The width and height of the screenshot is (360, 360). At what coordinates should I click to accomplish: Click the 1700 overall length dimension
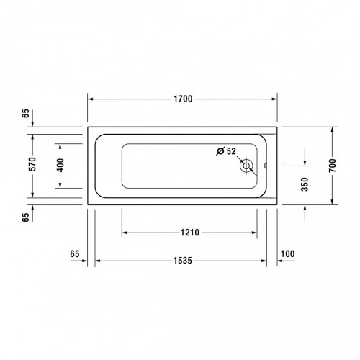click(x=183, y=99)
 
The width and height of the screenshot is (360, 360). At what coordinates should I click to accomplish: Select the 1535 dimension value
click(x=183, y=261)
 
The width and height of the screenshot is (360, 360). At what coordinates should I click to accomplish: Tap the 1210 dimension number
click(x=190, y=233)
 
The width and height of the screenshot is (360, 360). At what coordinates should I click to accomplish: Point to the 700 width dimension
click(x=333, y=166)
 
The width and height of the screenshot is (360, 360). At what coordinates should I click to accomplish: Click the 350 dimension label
click(x=305, y=184)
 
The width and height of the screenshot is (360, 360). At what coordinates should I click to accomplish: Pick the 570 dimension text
click(x=32, y=164)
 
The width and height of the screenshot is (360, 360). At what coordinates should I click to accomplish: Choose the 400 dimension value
click(x=60, y=165)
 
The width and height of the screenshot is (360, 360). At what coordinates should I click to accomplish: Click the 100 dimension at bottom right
click(x=287, y=253)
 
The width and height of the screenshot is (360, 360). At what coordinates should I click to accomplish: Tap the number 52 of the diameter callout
click(x=231, y=151)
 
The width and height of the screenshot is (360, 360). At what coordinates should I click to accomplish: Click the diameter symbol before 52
click(x=220, y=151)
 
